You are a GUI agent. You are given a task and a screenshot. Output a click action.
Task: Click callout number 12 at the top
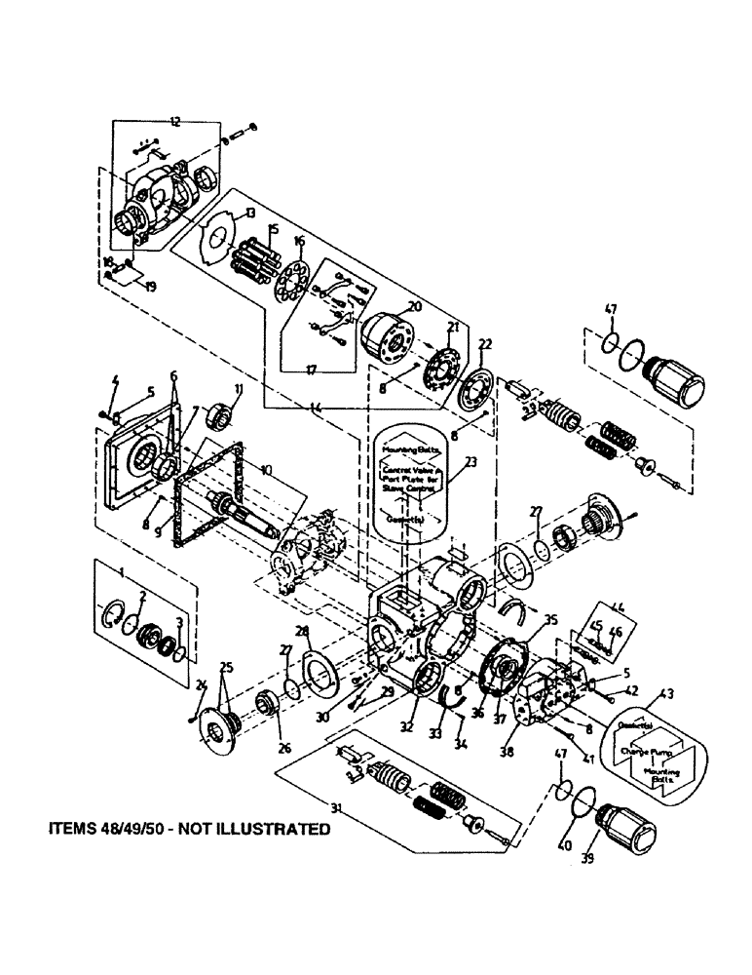174,122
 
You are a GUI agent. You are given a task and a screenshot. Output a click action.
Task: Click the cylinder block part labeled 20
388,342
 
